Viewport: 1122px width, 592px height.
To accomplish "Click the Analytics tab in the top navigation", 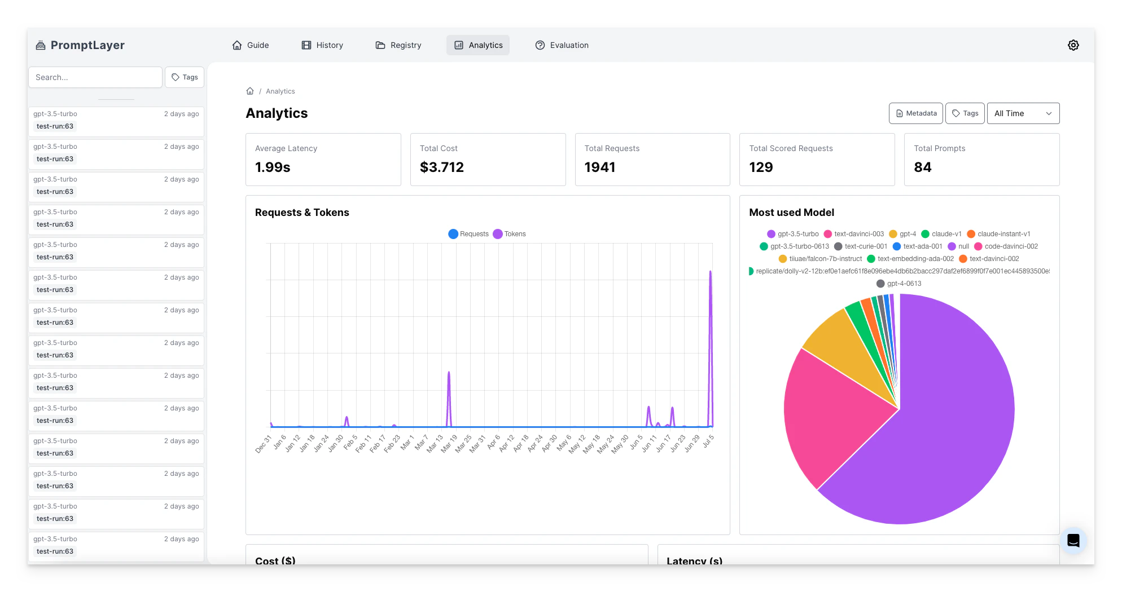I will pyautogui.click(x=478, y=45).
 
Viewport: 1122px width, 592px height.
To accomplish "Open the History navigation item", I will pyautogui.click(x=322, y=45).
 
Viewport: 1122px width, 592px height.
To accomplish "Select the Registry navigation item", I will pyautogui.click(x=398, y=45).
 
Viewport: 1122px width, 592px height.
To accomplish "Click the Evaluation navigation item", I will pyautogui.click(x=562, y=45).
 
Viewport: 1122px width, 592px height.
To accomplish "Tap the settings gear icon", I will pyautogui.click(x=1073, y=45).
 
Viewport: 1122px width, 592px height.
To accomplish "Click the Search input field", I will pyautogui.click(x=95, y=77).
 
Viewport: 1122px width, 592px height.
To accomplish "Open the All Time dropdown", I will pyautogui.click(x=1023, y=113).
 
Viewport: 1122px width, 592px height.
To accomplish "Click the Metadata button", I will pyautogui.click(x=916, y=113).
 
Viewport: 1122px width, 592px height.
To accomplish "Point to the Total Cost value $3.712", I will pyautogui.click(x=441, y=167).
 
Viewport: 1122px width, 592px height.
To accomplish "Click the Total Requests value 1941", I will pyautogui.click(x=599, y=167).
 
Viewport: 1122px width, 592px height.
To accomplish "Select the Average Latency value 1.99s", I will pyautogui.click(x=273, y=167).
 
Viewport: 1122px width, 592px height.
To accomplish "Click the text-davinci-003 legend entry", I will pyautogui.click(x=854, y=234).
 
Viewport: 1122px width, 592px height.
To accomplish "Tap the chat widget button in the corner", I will pyautogui.click(x=1073, y=541).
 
